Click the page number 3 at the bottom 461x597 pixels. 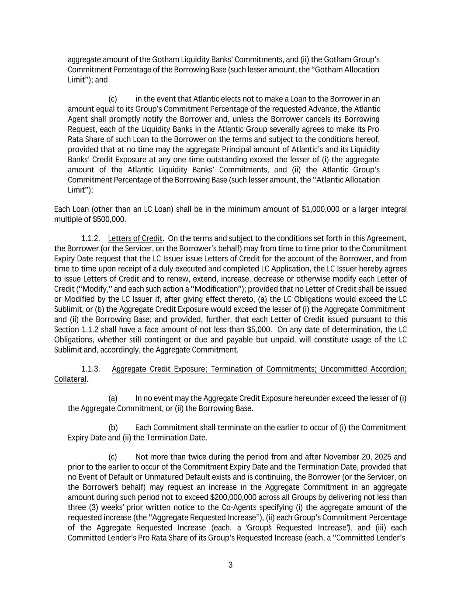click(230, 565)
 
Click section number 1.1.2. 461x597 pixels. click(90, 238)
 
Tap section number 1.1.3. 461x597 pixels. click(90, 369)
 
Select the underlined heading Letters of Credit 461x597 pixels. click(135, 238)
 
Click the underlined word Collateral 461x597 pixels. click(70, 379)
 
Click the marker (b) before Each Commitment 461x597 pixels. click(113, 427)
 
